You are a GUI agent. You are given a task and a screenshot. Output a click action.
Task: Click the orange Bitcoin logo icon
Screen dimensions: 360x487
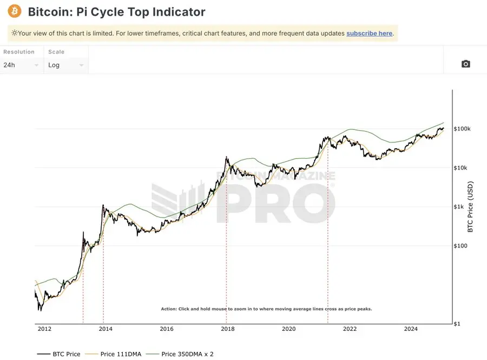(15, 11)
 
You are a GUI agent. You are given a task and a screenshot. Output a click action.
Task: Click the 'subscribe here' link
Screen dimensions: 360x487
(370, 34)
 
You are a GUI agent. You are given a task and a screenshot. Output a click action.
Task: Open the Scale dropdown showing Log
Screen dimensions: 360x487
(65, 65)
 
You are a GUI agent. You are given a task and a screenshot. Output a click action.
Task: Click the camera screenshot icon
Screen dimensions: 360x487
(465, 64)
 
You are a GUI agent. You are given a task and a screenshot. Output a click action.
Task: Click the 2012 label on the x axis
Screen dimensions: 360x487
(44, 329)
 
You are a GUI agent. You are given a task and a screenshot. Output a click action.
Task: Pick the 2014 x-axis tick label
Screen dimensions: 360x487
(106, 329)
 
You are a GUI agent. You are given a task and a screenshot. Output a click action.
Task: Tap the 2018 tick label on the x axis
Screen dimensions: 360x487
(228, 329)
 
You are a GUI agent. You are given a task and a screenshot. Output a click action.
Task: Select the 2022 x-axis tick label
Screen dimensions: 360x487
(350, 329)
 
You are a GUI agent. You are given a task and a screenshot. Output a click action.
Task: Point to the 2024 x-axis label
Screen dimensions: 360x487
(411, 329)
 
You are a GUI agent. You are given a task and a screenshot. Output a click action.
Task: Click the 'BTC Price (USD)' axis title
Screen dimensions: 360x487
(470, 207)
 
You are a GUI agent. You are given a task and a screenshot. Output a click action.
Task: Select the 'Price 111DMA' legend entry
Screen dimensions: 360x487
(121, 354)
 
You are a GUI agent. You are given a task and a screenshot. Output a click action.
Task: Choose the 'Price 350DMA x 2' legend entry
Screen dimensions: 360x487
(187, 354)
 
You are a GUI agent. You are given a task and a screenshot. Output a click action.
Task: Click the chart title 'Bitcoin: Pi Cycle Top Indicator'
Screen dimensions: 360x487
(116, 12)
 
